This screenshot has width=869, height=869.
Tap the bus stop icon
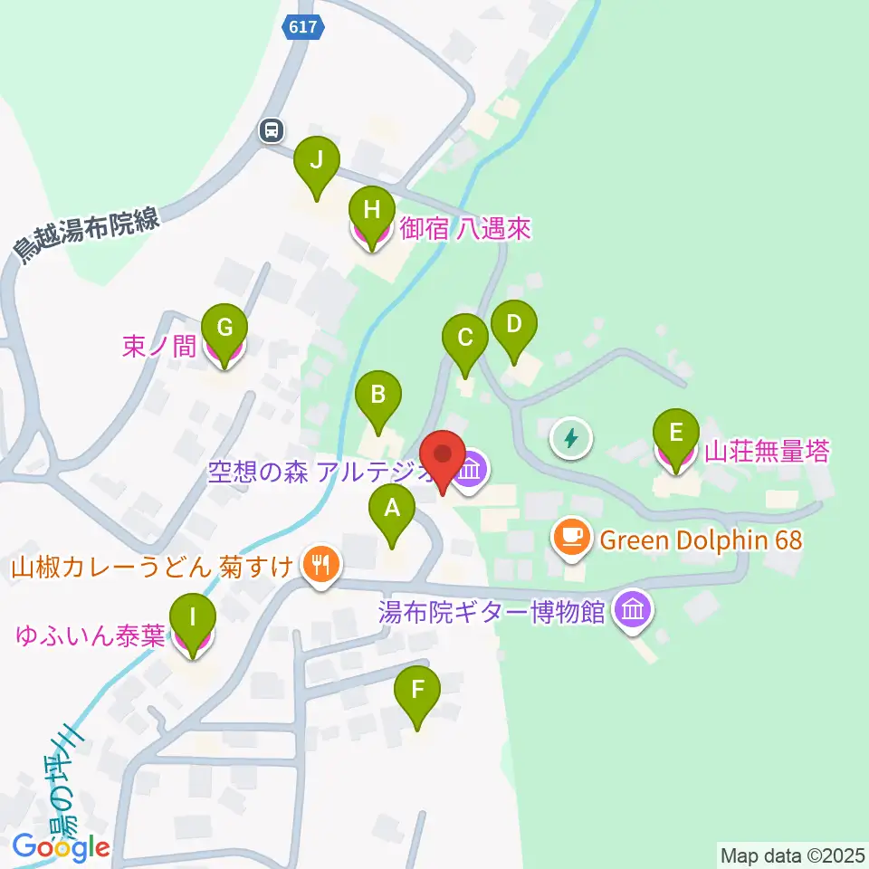click(271, 130)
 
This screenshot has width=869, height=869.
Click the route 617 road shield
click(302, 27)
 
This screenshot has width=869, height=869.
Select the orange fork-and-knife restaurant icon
click(319, 568)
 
